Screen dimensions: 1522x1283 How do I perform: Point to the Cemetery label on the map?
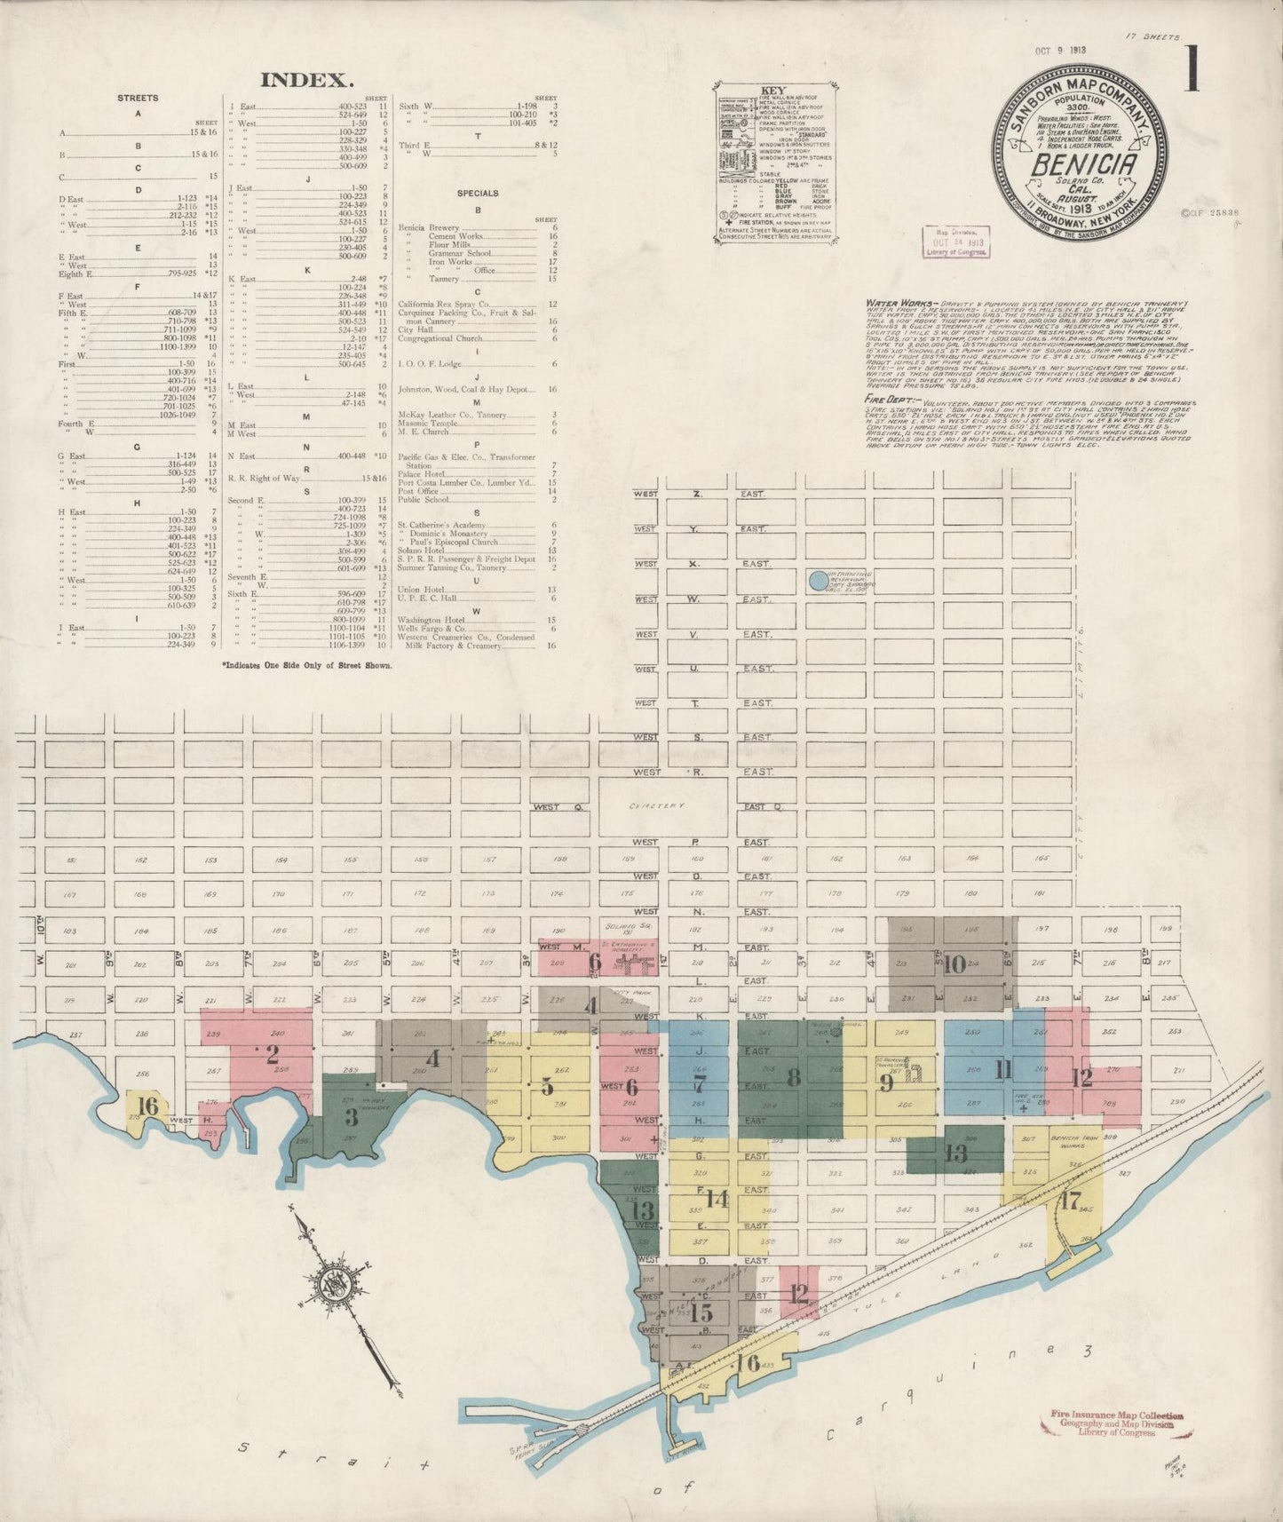(657, 806)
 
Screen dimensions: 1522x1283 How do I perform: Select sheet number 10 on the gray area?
(954, 963)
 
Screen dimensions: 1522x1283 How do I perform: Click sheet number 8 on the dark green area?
(793, 1077)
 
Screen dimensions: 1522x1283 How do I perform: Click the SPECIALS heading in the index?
(478, 193)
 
